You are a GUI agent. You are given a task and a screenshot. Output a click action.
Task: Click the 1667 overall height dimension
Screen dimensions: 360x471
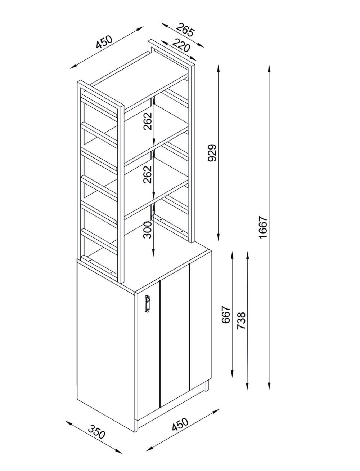[263, 227]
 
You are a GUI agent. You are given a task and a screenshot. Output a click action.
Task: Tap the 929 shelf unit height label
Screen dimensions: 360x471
[212, 153]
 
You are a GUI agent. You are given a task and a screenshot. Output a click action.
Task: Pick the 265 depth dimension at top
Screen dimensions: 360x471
[185, 30]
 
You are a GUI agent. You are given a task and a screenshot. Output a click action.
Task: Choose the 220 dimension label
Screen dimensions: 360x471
[180, 45]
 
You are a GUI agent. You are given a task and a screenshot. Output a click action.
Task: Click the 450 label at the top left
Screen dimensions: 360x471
[104, 42]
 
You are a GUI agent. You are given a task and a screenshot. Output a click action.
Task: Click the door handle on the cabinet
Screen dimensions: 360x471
[147, 304]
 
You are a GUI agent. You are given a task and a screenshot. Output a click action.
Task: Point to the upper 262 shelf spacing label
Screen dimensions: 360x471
[148, 121]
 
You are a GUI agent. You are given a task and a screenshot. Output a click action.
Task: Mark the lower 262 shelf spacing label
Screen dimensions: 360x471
[148, 174]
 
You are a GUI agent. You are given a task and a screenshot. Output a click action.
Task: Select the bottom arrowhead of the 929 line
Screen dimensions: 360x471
[219, 237]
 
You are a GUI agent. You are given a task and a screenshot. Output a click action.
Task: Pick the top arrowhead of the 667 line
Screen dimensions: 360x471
[232, 255]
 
